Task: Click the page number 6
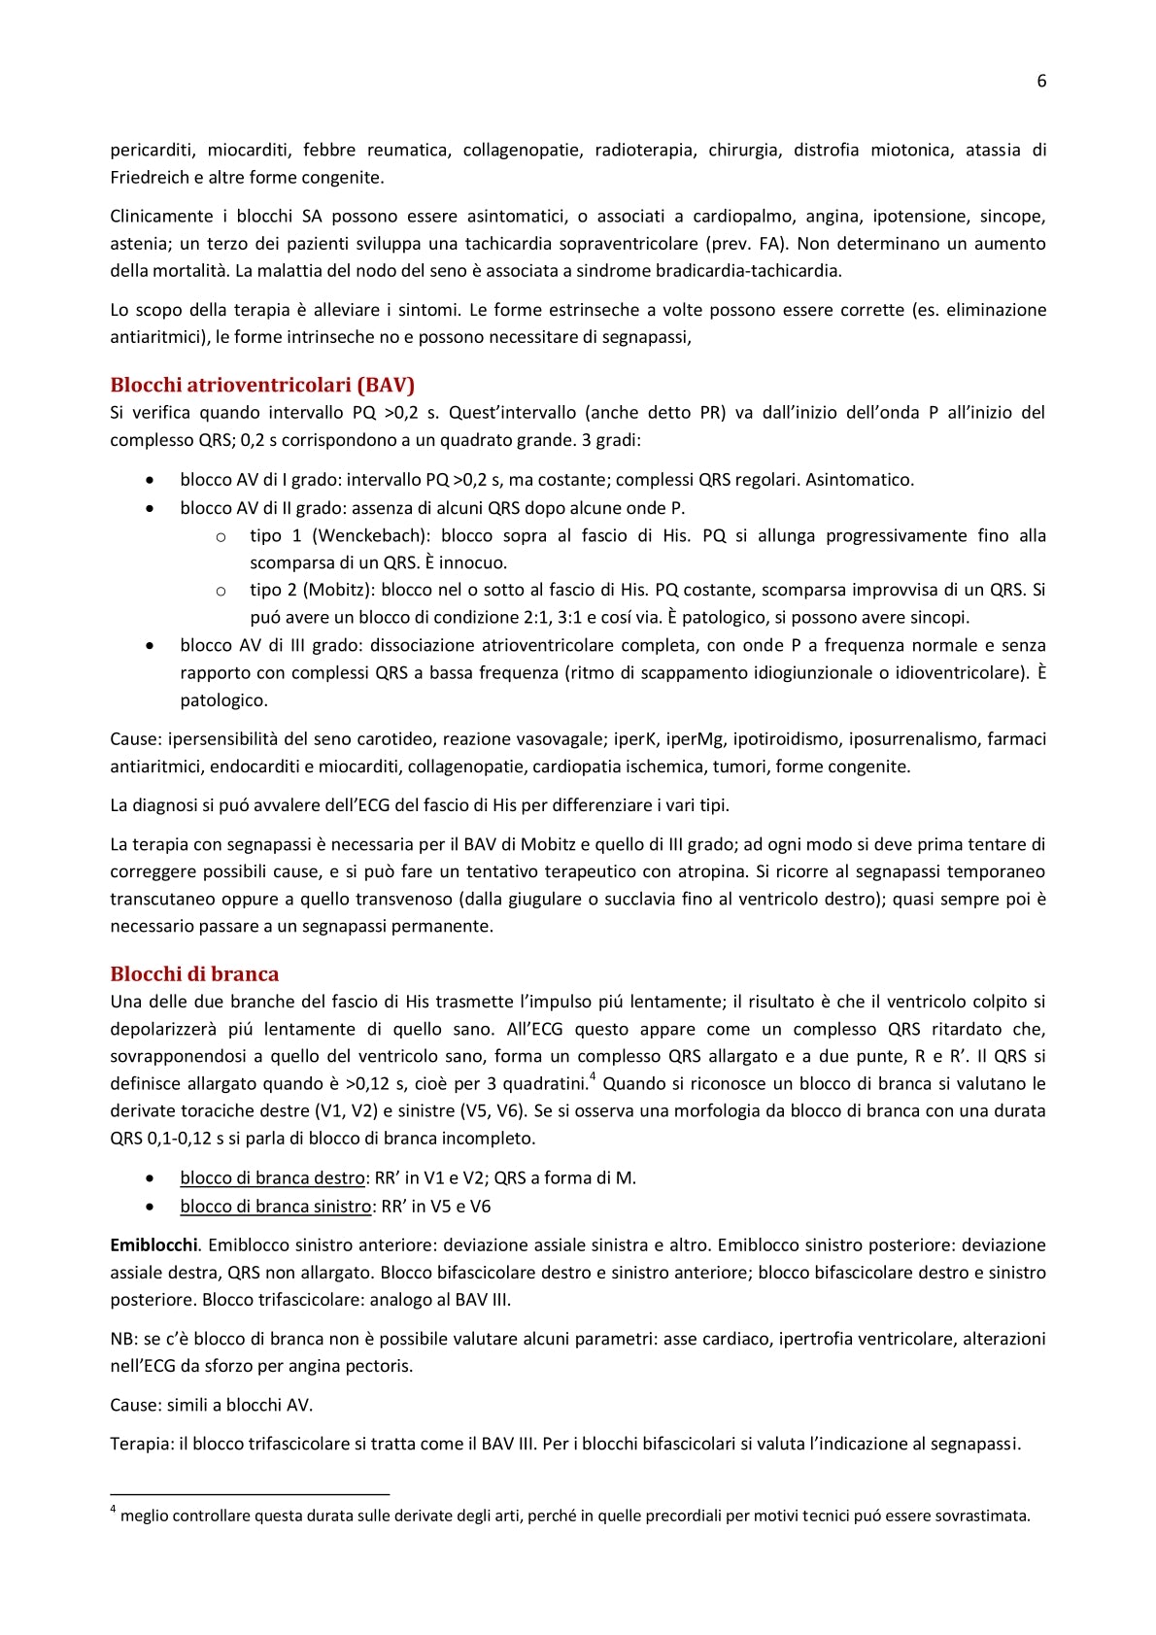1041,82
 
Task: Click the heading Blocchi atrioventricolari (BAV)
262,384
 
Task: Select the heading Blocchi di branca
194,973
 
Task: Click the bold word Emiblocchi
153,1244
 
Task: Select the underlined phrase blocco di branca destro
272,1177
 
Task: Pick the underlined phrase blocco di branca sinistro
275,1206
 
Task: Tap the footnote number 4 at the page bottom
114,1510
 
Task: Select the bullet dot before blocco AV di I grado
149,480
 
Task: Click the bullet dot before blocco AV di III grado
149,645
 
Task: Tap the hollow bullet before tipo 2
221,591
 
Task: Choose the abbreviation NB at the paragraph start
122,1339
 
